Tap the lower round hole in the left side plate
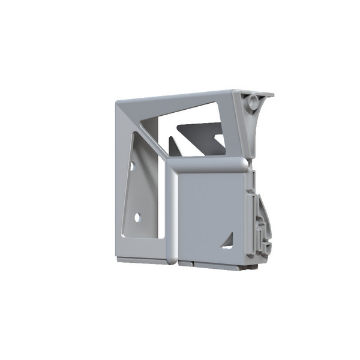pos(137,217)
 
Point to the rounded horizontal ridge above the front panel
pos(207,165)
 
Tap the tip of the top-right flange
pos(271,95)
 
